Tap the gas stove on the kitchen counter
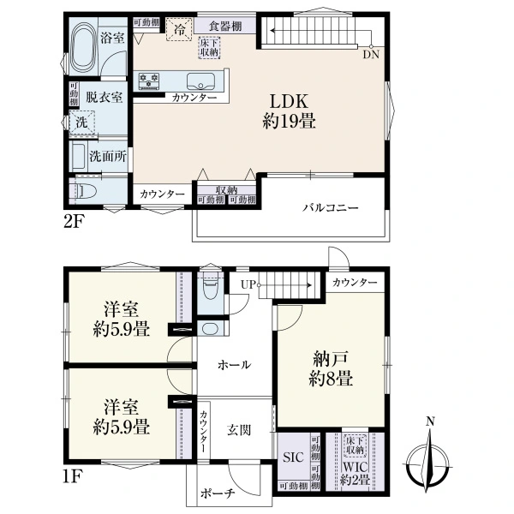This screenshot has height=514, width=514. pyautogui.click(x=149, y=81)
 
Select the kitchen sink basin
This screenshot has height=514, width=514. pyautogui.click(x=201, y=81)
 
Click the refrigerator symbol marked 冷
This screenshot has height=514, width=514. pyautogui.click(x=179, y=29)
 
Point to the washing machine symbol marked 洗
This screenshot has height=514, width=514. pyautogui.click(x=82, y=123)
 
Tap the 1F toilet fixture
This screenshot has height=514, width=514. pyautogui.click(x=211, y=289)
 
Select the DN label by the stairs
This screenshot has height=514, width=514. pyautogui.click(x=371, y=55)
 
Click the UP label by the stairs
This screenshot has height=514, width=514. pyautogui.click(x=248, y=284)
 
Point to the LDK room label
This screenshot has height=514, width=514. pyautogui.click(x=289, y=101)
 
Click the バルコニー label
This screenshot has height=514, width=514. pyautogui.click(x=330, y=208)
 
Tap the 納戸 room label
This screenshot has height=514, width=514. pyautogui.click(x=331, y=359)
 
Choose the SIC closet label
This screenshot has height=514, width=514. pyautogui.click(x=293, y=457)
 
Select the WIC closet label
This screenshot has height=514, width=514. pyautogui.click(x=356, y=467)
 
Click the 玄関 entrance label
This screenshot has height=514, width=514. pyautogui.click(x=239, y=430)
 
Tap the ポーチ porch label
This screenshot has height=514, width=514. pyautogui.click(x=218, y=493)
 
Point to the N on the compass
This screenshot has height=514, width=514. pyautogui.click(x=430, y=421)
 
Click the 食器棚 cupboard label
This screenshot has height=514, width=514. pyautogui.click(x=225, y=27)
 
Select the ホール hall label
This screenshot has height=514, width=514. pyautogui.click(x=235, y=365)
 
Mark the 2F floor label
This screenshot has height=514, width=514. pyautogui.click(x=74, y=223)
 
